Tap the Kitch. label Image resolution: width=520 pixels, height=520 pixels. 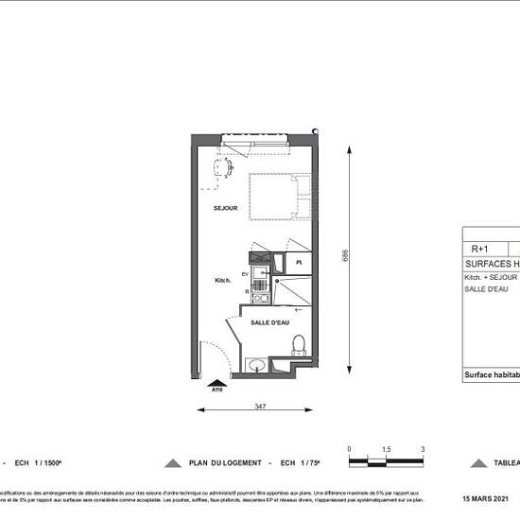click(223, 281)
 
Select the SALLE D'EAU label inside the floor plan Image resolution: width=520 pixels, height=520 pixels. click(269, 323)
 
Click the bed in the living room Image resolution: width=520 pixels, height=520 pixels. click(280, 196)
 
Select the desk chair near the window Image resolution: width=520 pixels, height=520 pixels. click(223, 166)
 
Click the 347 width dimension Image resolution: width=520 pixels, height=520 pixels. click(258, 405)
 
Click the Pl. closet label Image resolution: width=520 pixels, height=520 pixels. click(298, 261)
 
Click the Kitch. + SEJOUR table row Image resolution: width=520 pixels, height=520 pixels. click(490, 277)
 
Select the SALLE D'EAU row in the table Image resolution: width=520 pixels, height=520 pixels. click(486, 288)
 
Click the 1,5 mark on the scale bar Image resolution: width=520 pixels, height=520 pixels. click(387, 449)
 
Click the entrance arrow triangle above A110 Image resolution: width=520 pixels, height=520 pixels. click(217, 381)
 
